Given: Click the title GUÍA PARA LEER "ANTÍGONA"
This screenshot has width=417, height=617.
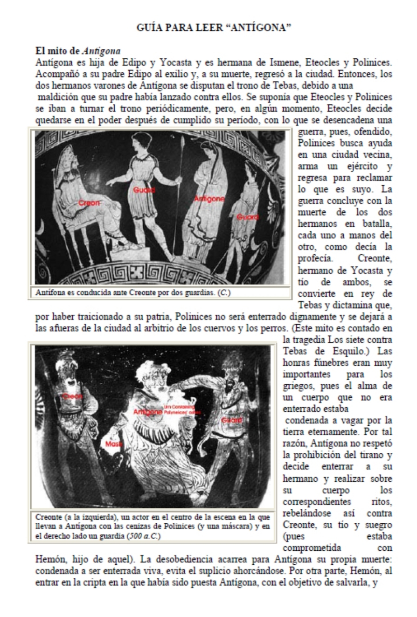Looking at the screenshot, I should pyautogui.click(x=214, y=28).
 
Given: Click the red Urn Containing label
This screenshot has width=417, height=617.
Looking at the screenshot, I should pyautogui.click(x=176, y=407).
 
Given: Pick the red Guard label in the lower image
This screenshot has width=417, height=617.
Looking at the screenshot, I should pyautogui.click(x=232, y=420).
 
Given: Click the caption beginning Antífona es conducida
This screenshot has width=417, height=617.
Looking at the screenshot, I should pyautogui.click(x=133, y=293).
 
